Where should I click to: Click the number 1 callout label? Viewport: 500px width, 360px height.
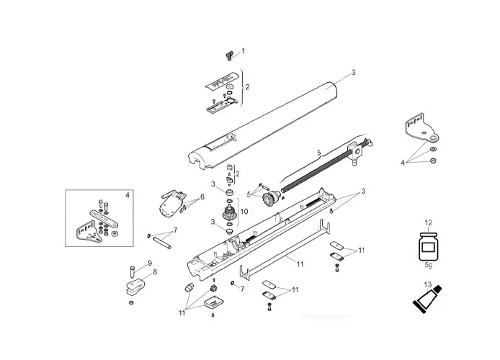[243, 51]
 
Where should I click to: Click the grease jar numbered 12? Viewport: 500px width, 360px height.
[428, 247]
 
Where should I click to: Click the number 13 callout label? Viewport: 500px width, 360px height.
[428, 284]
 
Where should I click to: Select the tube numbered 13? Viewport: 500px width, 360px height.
[424, 302]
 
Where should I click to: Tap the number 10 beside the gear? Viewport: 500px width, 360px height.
[244, 212]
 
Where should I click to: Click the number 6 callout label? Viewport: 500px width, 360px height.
[202, 197]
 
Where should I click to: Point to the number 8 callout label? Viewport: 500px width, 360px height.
[154, 271]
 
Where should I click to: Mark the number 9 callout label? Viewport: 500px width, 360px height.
[150, 263]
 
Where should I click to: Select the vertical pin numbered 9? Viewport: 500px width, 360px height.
[133, 272]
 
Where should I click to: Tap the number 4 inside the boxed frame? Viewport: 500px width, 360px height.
[128, 195]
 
